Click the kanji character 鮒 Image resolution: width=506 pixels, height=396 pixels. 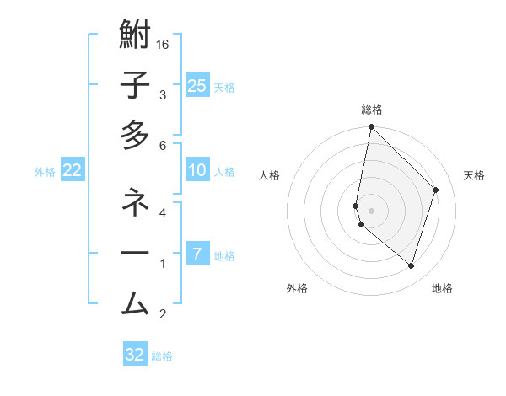(135, 36)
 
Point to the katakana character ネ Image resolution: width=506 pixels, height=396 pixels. (135, 202)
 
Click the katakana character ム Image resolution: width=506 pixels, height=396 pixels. (135, 303)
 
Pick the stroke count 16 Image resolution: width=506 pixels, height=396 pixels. (163, 45)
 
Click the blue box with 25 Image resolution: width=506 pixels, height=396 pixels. (196, 85)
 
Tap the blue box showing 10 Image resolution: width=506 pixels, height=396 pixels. (196, 170)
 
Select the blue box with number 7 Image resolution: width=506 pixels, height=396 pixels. (196, 254)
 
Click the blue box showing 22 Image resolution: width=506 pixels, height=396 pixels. (73, 170)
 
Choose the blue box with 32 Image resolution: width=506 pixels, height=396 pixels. (135, 355)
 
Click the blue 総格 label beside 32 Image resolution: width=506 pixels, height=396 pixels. (162, 356)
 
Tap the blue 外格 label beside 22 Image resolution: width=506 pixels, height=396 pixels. (45, 172)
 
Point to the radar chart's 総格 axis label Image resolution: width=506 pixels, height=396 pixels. (372, 110)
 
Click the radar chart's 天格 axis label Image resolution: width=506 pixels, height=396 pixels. (475, 175)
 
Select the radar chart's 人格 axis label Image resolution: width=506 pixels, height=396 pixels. (270, 175)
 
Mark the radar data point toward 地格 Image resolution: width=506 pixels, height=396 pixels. (411, 265)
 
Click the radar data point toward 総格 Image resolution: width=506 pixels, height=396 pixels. (371, 127)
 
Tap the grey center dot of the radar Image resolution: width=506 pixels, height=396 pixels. (371, 209)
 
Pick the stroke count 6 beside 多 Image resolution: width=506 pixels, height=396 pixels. (163, 146)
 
